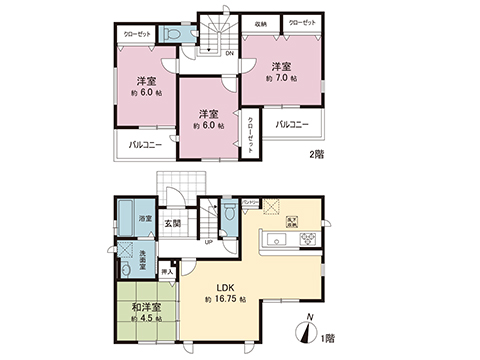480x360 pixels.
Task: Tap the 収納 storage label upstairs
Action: pos(260,22)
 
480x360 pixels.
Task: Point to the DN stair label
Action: pos(229,52)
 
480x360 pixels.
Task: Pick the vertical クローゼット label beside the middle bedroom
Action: pos(250,135)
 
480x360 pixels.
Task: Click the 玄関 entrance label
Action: pos(172,224)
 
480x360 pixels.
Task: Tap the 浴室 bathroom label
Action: pos(145,218)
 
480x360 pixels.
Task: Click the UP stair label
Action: pos(207,242)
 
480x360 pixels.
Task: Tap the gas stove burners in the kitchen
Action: pos(309,240)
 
